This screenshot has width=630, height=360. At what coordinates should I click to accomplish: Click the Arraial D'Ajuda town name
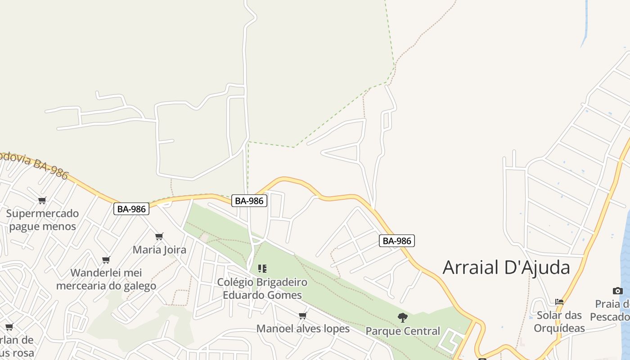click(506, 267)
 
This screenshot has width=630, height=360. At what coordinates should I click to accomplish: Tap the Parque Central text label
click(403, 331)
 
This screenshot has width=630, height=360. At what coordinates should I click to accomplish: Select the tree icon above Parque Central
click(403, 318)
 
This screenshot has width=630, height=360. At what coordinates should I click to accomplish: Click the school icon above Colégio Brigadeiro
click(262, 269)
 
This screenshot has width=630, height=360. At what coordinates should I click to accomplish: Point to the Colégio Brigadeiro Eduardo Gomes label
click(262, 288)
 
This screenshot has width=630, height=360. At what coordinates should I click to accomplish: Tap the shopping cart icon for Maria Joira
click(159, 236)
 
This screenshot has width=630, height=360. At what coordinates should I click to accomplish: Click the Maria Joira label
click(159, 249)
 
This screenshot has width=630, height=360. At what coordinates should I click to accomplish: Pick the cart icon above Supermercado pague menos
click(42, 200)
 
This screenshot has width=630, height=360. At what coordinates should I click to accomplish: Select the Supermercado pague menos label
click(42, 220)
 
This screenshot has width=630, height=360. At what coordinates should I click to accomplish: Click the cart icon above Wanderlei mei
click(106, 260)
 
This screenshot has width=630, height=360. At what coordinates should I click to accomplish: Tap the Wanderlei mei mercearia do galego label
click(106, 279)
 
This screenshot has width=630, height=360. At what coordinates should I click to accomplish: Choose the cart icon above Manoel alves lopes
click(303, 315)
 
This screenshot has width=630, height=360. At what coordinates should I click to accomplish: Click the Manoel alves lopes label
click(303, 328)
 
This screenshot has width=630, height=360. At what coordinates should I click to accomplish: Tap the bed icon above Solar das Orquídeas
click(559, 301)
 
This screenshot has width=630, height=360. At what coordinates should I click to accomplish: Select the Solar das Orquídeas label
click(559, 321)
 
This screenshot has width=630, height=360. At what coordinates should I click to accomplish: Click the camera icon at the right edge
click(618, 291)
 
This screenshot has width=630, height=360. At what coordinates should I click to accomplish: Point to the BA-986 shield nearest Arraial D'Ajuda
click(396, 241)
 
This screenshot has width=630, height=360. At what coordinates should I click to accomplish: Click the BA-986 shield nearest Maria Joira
click(131, 209)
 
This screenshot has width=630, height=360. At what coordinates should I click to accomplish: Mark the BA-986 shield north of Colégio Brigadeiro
click(249, 201)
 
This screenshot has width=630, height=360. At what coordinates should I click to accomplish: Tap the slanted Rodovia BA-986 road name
click(34, 165)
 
